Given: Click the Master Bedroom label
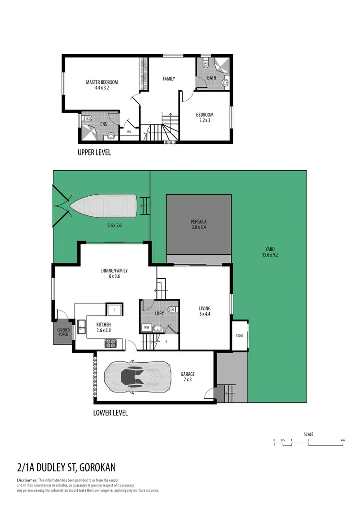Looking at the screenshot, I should (102, 82).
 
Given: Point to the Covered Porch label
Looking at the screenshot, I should (63, 332).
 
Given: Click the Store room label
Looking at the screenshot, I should (240, 335).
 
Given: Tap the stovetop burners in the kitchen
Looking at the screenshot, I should (111, 343).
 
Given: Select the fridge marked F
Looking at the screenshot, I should (114, 310).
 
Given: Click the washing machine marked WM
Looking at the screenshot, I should (146, 328).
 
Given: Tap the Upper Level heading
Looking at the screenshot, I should (94, 153).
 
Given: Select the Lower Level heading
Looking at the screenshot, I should (110, 413).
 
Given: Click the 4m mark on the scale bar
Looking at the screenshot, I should (342, 440).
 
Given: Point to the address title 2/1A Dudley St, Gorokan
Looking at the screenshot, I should (66, 467).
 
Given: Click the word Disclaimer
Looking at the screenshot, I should (27, 480).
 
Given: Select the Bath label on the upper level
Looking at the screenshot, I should (211, 78).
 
